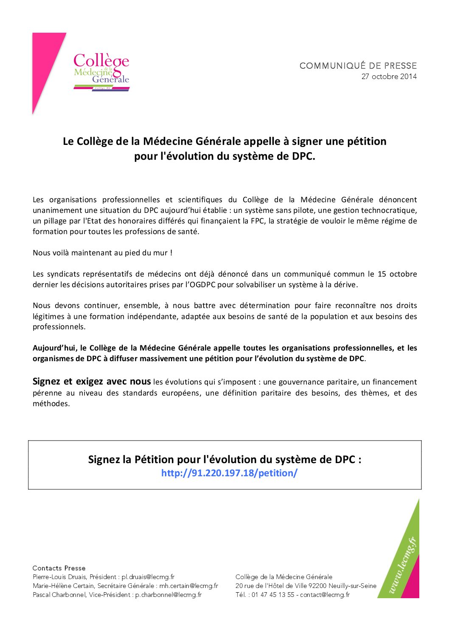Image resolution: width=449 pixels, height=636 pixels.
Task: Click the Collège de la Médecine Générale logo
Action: (101, 71)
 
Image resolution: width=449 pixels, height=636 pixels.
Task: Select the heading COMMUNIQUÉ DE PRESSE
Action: (358, 66)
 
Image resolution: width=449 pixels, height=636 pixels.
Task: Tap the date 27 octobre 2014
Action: (389, 77)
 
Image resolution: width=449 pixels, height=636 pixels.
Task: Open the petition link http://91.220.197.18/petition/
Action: (229, 473)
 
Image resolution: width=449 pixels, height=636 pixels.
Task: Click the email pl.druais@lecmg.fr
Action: (148, 577)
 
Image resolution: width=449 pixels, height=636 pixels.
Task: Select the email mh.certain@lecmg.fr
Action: (188, 586)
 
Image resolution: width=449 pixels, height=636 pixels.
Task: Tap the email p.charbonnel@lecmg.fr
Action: (168, 595)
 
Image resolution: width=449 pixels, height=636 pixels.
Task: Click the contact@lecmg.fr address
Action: (325, 595)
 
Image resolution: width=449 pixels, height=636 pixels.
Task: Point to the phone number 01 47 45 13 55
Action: (272, 595)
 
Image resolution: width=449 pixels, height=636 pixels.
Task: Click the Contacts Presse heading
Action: (59, 568)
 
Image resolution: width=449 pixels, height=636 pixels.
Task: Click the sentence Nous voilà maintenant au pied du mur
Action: (102, 253)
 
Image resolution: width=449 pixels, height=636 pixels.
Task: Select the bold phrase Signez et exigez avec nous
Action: (92, 382)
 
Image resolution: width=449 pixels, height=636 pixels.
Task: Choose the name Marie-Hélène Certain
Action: (63, 586)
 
